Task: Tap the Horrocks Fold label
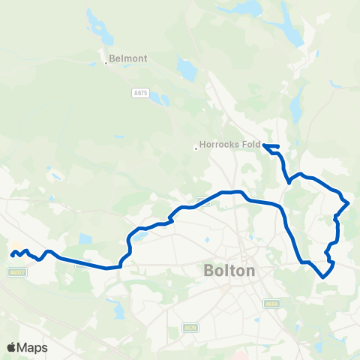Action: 229,148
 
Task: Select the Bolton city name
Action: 229,271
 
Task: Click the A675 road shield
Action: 138,93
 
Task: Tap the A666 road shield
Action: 271,304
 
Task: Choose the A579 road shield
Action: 191,328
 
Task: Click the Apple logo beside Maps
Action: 12,347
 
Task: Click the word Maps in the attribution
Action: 33,347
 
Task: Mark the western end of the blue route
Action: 12,255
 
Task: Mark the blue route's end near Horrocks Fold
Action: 264,145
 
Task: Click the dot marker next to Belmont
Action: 107,63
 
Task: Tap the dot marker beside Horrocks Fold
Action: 196,148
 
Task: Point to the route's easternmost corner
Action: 349,201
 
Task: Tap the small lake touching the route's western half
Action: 139,235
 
